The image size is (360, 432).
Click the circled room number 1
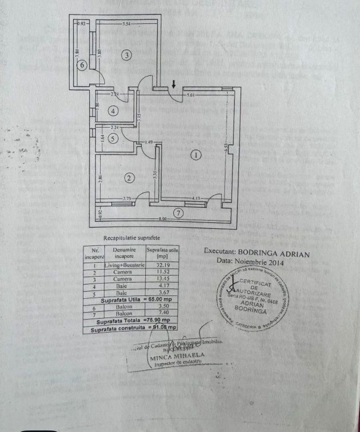click(x=195, y=156)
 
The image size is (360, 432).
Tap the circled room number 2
click(x=129, y=178)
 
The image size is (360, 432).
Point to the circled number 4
click(x=114, y=111)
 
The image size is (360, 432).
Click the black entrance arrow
click(x=173, y=84)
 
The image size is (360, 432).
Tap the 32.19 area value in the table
click(x=162, y=265)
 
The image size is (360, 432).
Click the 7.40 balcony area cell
click(x=162, y=313)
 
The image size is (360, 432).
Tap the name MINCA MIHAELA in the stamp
click(x=178, y=355)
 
